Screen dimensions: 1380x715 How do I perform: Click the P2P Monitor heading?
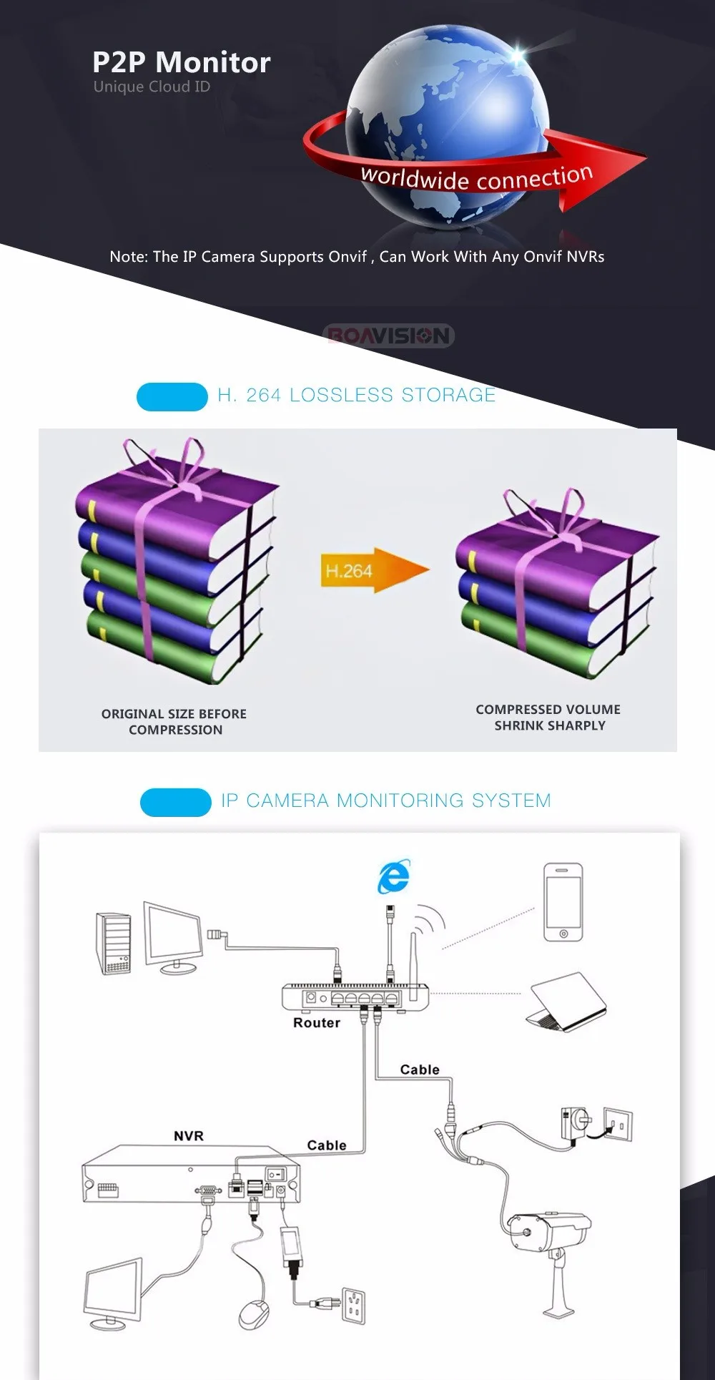point(182,63)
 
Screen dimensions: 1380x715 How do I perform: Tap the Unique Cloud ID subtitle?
point(152,87)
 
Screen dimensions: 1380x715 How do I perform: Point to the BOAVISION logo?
point(389,336)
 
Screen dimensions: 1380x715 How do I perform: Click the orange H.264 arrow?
point(373,570)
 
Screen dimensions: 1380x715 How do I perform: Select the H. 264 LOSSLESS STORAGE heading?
point(356,395)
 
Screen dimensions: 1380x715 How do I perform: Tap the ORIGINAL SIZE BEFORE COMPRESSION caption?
point(174,722)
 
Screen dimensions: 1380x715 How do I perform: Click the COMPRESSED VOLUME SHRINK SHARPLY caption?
point(548,718)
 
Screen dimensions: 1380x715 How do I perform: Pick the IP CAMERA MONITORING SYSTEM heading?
point(386,801)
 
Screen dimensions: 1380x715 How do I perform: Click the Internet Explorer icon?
point(394,876)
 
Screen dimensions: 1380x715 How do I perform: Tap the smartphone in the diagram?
point(563,902)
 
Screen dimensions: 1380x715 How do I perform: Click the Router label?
point(317,1023)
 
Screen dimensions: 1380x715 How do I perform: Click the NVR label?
point(189,1136)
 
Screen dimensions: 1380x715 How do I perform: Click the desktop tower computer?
point(114,944)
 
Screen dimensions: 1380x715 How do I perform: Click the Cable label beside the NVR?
point(327,1145)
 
